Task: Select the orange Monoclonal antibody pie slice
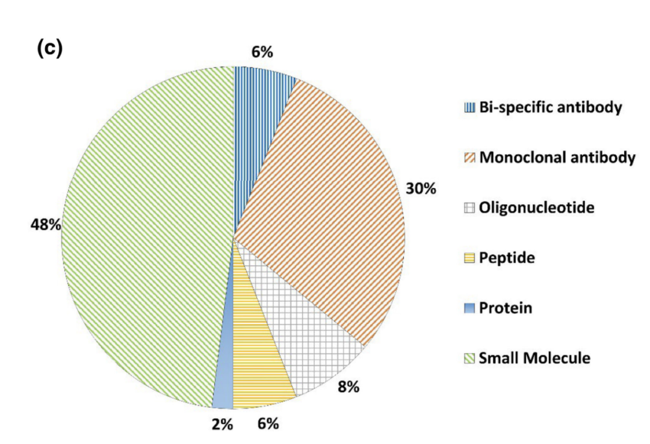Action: (x=325, y=199)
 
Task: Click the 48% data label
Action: (x=46, y=225)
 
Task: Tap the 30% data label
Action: (x=419, y=189)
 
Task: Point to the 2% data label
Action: (x=221, y=424)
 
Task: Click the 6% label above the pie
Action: (x=262, y=52)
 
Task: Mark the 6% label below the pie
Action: (x=268, y=424)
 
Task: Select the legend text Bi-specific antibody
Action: (x=550, y=108)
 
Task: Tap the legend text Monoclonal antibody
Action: (x=557, y=158)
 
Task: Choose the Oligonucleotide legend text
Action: (x=536, y=208)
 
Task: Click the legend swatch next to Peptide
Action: (x=469, y=259)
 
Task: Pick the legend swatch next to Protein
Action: (x=469, y=308)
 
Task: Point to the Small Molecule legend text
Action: (x=534, y=358)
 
